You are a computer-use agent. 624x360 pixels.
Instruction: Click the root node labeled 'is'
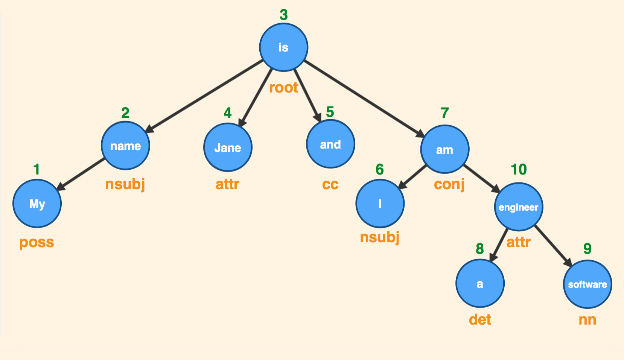[x=283, y=47]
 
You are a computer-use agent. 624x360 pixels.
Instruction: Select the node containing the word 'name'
[x=125, y=146]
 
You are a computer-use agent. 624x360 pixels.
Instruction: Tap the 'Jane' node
[x=228, y=147]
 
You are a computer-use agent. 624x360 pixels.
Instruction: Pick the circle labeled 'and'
[x=330, y=144]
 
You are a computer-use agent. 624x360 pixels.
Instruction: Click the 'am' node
[x=444, y=149]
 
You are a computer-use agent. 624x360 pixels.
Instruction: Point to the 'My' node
[x=37, y=204]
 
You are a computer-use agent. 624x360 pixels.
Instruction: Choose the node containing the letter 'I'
[x=380, y=204]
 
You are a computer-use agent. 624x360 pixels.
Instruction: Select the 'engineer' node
[x=518, y=207]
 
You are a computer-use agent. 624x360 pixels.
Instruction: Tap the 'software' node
[x=587, y=284]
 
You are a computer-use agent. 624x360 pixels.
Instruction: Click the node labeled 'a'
[x=480, y=284]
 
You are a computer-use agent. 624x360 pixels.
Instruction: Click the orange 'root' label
[x=283, y=88]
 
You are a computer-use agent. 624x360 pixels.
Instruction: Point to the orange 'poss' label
[x=37, y=242]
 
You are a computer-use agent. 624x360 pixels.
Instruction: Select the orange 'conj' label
[x=449, y=184]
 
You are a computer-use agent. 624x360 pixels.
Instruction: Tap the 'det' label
[x=480, y=320]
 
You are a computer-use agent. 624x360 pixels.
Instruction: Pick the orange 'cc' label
[x=330, y=184]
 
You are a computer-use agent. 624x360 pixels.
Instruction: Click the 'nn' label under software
[x=587, y=320]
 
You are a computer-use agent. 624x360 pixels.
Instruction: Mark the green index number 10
[x=518, y=169]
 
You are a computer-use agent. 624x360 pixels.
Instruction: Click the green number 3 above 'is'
[x=283, y=15]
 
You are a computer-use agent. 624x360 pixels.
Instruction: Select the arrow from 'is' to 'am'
[x=364, y=98]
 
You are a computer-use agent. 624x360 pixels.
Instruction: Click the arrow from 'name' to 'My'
[x=81, y=173]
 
